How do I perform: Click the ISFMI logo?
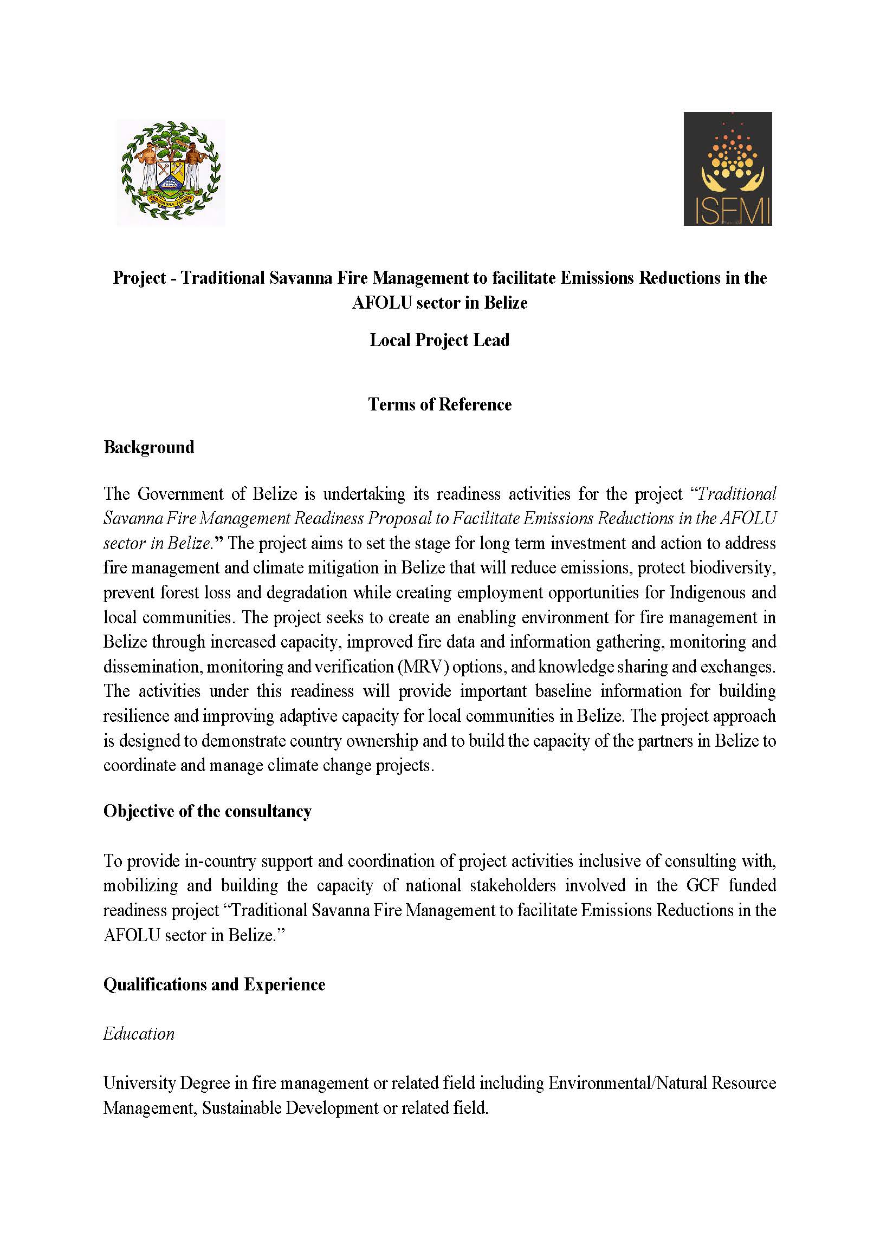[x=727, y=168]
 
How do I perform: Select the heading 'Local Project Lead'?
[x=439, y=340]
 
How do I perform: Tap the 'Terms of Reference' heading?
[x=439, y=405]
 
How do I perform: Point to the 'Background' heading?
[x=148, y=447]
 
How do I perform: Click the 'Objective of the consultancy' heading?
[x=207, y=811]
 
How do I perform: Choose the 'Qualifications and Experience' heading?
[x=214, y=984]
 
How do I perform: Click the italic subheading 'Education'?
[x=139, y=1034]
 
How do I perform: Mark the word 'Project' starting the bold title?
[x=139, y=278]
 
